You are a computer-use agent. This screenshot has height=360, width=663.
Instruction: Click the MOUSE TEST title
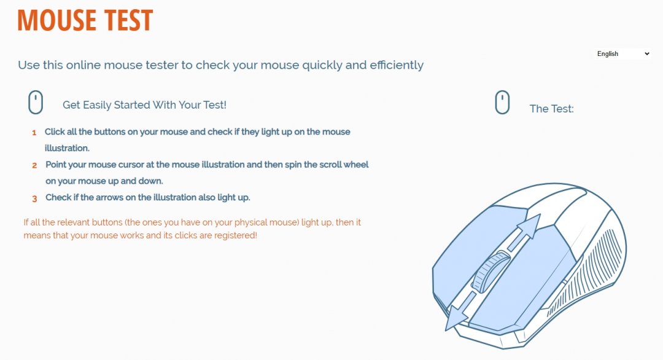coord(85,20)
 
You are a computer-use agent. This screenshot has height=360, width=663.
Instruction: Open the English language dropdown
coord(622,53)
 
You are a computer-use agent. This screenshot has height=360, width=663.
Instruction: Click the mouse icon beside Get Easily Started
coord(36,102)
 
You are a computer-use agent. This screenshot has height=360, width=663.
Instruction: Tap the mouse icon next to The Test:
coord(502,102)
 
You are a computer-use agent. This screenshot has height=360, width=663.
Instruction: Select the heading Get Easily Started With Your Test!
coord(145,105)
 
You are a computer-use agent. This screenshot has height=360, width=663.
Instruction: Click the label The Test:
coord(551,109)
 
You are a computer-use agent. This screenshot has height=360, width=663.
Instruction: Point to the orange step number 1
coord(34,133)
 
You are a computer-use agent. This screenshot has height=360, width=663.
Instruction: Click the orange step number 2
coord(34,165)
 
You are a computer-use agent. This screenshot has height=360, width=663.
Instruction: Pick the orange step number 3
coord(34,198)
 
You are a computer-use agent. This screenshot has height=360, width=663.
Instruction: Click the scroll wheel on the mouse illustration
coord(490,272)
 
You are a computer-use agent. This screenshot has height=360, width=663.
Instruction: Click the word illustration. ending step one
coord(67,148)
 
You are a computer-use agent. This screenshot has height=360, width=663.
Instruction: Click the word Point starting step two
coord(56,165)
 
